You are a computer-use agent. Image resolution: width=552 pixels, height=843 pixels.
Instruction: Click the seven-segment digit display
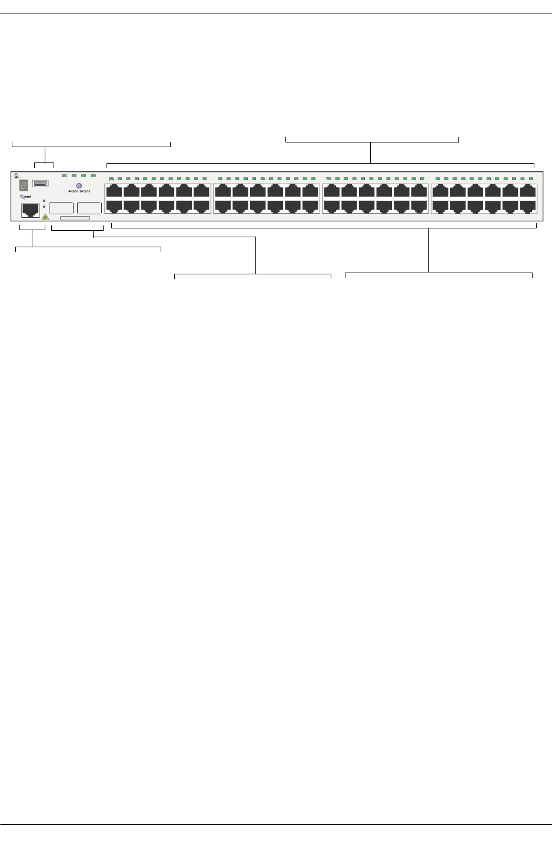[24, 185]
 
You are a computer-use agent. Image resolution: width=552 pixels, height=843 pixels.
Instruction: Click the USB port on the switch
[40, 184]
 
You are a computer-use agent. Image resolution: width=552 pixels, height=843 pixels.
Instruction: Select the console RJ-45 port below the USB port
[30, 211]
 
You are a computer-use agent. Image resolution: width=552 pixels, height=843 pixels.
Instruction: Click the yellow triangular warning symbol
[45, 217]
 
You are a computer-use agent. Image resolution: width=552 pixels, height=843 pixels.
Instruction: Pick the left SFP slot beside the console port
[61, 208]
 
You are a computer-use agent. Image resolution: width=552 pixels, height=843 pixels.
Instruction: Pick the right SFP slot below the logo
[89, 208]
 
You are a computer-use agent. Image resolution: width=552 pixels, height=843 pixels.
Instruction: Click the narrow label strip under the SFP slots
[75, 218]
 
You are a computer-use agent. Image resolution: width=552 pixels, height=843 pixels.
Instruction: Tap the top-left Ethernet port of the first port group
[114, 191]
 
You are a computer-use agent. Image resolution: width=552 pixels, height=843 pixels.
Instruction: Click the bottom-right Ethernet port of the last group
[528, 206]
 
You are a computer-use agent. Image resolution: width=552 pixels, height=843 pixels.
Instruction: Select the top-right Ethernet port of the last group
[528, 191]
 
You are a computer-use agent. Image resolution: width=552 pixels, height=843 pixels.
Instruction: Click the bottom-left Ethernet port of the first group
[114, 206]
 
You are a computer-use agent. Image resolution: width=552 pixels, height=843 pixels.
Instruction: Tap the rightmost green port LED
[531, 178]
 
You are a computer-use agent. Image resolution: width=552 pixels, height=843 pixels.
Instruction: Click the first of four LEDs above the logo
[64, 175]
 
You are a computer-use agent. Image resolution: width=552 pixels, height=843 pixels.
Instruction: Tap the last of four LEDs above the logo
[93, 175]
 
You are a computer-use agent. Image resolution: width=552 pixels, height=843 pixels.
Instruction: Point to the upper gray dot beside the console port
[44, 201]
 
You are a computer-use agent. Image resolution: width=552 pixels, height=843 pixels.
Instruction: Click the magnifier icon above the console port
[22, 197]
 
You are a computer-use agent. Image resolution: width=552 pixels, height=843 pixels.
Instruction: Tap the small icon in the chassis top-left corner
[16, 175]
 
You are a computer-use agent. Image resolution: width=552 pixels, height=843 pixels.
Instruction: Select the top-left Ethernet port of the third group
[332, 191]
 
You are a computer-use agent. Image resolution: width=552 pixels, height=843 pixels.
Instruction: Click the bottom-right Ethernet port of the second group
[310, 206]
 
